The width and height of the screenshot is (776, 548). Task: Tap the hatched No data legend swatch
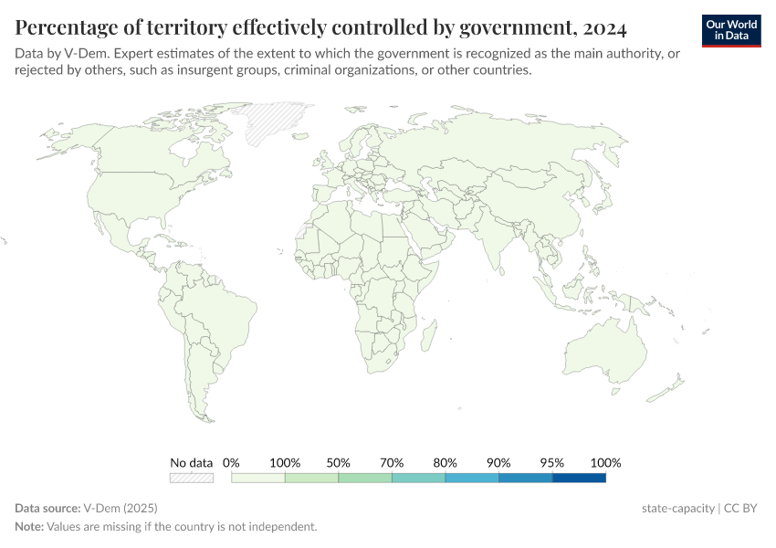click(191, 477)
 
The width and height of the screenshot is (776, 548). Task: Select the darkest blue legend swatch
click(579, 477)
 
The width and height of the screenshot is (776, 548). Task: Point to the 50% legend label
click(338, 462)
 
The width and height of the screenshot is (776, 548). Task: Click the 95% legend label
click(552, 462)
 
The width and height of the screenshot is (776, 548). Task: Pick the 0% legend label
click(231, 462)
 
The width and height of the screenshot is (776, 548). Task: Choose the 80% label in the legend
click(446, 462)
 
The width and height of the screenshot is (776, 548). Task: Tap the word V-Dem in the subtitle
click(79, 54)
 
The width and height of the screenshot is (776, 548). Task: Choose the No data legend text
click(191, 462)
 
